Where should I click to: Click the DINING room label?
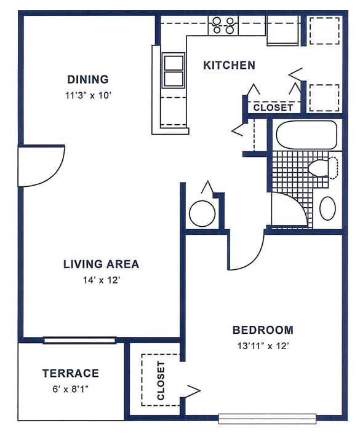pos(88,79)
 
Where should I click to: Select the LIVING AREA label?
pos(101,264)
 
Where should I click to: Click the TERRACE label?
pos(70,373)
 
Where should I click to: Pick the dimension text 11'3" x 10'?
pos(88,95)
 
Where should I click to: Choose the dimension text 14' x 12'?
pos(101,280)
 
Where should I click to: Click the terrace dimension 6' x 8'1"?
pos(70,389)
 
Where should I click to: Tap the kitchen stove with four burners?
pos(223,25)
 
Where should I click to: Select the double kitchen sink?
pos(174,70)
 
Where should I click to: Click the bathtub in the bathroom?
pos(306,135)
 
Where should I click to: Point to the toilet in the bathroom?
pos(322,168)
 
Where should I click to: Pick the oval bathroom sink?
pos(328,208)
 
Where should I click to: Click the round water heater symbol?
pos(202,213)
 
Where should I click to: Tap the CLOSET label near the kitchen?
pos(274,108)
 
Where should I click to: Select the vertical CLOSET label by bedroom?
pos(161,381)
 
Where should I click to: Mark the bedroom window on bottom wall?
pos(267,419)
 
